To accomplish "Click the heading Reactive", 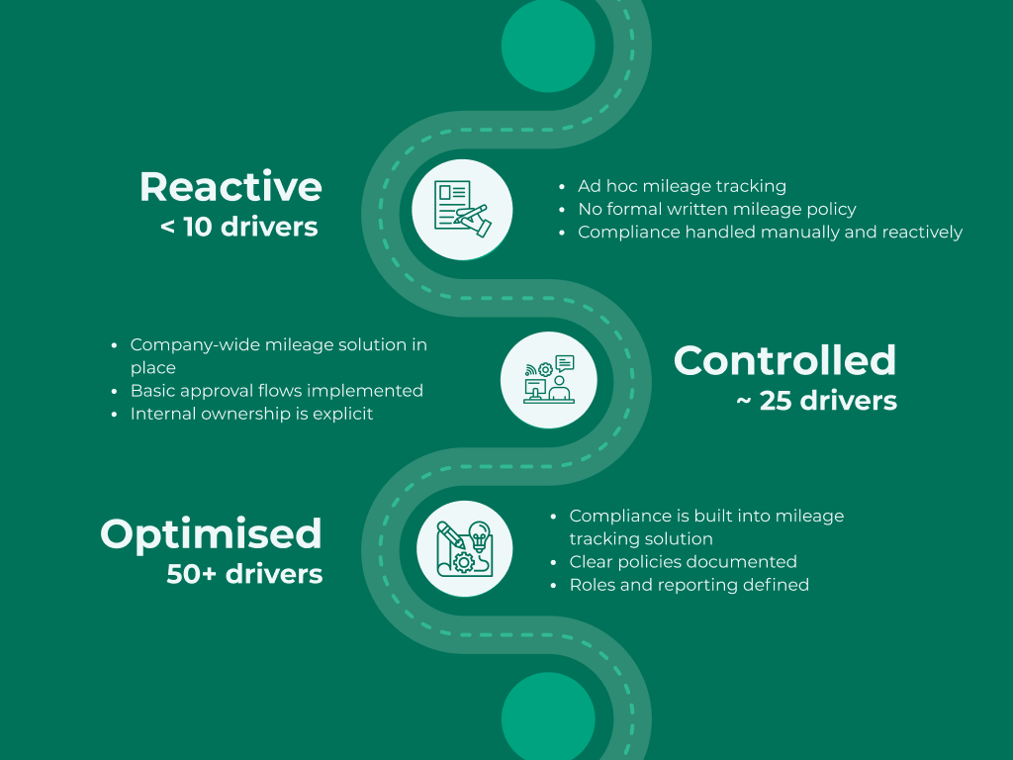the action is [x=230, y=187].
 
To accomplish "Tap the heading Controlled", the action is [x=784, y=360].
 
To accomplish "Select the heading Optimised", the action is [x=212, y=533].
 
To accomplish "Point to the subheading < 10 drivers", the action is [x=239, y=227].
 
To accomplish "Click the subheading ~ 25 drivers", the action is [x=816, y=401].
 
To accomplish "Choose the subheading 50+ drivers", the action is [x=244, y=574].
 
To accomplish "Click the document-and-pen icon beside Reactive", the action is [x=463, y=210].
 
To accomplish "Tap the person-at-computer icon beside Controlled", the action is [x=548, y=380].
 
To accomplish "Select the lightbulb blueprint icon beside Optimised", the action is [x=465, y=548].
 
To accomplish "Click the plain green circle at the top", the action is [x=548, y=46].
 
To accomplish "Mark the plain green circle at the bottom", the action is [x=548, y=716].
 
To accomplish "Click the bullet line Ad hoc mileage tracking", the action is [x=682, y=186].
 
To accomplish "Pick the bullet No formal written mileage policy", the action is [x=717, y=210].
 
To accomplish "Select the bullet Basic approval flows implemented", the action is [x=277, y=391].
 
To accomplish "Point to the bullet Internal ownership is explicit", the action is [x=251, y=414].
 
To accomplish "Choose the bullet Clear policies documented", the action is [x=683, y=562].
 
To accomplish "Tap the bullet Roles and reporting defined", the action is [x=689, y=585].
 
